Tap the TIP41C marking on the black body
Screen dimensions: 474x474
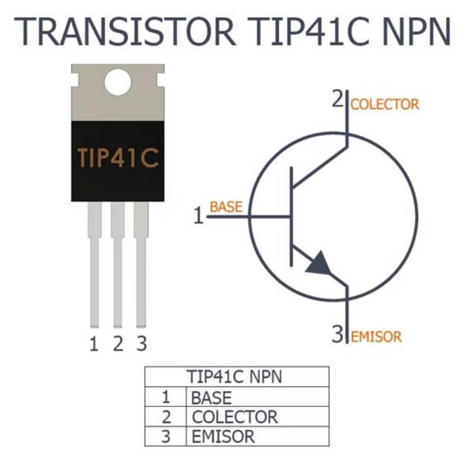(118, 158)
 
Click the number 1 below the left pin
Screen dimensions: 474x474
(94, 344)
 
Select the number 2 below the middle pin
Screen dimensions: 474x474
(118, 344)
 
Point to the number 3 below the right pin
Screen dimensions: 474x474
(142, 344)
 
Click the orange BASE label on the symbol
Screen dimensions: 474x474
(226, 207)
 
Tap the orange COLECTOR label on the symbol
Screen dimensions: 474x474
(385, 105)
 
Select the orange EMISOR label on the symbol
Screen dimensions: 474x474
(376, 337)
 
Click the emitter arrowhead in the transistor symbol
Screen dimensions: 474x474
(318, 263)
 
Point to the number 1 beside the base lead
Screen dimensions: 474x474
(199, 216)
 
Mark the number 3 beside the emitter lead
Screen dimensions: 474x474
(338, 336)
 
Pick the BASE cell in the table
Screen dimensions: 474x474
(212, 397)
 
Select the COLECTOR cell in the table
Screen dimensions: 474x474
(235, 417)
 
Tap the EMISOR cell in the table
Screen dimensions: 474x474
(223, 437)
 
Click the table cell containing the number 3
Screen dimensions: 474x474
(166, 437)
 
